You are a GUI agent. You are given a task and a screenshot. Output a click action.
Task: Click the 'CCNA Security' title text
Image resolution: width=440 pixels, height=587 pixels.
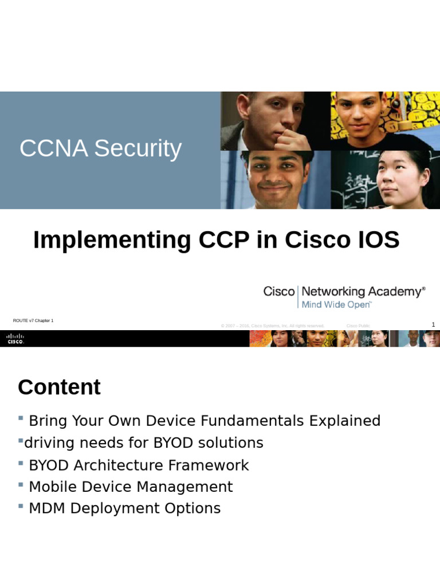coord(100,148)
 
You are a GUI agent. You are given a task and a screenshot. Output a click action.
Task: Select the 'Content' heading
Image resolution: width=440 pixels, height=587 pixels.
coord(59,388)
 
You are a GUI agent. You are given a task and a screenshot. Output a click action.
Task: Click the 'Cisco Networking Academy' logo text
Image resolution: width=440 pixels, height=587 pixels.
coord(344,291)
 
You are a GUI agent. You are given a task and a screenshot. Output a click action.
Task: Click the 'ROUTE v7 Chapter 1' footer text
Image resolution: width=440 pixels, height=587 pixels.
coord(33,320)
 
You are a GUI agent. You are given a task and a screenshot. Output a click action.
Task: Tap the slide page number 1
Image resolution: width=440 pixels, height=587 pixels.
coord(433,324)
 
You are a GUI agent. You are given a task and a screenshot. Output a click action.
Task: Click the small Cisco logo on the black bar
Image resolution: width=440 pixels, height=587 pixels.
coord(15,338)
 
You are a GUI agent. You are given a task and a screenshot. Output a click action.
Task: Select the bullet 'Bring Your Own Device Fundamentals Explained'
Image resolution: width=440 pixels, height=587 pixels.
coord(204,421)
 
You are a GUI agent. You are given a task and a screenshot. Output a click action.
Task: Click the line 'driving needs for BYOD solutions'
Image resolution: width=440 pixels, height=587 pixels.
coord(143,443)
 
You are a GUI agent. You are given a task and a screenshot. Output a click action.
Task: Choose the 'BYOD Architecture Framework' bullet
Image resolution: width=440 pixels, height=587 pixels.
coord(139,465)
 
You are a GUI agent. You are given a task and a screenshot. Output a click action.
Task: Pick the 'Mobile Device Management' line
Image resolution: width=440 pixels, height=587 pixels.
coord(131,487)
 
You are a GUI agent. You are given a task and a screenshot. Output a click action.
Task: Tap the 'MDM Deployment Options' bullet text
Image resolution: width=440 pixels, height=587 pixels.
coord(124,508)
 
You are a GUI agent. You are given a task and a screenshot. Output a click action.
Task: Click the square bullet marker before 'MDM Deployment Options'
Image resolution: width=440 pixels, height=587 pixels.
coord(21,506)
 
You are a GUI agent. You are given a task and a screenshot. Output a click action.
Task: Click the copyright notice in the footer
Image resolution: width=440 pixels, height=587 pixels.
coord(273,326)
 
